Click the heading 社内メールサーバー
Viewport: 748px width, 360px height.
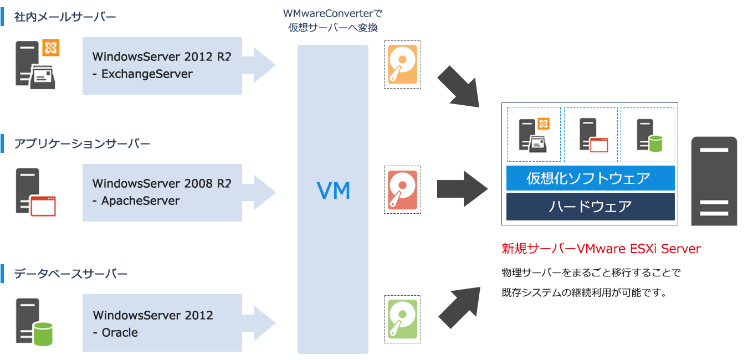(65, 17)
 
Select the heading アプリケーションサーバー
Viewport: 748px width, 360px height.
(82, 144)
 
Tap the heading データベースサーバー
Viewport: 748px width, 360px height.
(71, 274)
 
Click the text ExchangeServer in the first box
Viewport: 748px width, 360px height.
(147, 74)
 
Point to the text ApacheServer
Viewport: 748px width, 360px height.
(140, 200)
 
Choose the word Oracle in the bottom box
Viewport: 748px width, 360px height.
(120, 332)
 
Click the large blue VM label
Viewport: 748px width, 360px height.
(333, 191)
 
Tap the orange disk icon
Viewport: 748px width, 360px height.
(402, 64)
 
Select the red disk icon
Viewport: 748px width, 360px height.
(402, 190)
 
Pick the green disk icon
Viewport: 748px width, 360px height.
(402, 319)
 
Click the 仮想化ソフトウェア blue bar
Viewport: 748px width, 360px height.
(590, 178)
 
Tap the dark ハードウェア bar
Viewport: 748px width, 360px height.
(590, 207)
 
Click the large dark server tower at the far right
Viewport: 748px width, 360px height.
(714, 181)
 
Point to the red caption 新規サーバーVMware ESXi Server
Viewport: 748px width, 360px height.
(601, 249)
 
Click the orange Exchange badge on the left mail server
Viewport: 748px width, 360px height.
(50, 48)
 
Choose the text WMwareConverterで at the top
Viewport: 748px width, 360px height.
(332, 13)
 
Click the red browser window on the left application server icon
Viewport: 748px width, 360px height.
(44, 206)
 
